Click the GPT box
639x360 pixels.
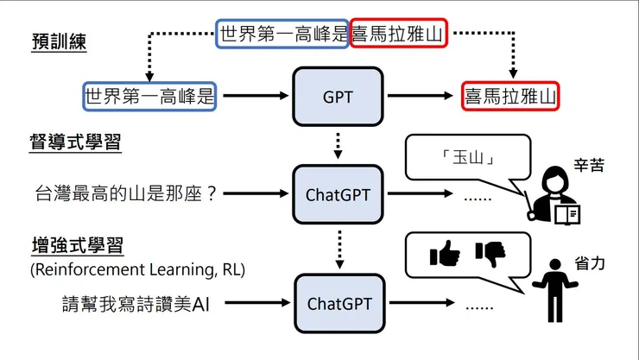click(338, 97)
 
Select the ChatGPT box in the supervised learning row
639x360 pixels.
click(338, 194)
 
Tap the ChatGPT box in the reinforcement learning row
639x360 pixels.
click(338, 304)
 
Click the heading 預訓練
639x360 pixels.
click(59, 42)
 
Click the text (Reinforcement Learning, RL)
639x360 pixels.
click(137, 270)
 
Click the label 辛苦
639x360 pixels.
click(586, 161)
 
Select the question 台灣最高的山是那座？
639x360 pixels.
click(124, 194)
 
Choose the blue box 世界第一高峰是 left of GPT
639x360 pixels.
click(149, 97)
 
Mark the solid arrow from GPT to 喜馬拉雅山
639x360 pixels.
click(419, 97)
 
